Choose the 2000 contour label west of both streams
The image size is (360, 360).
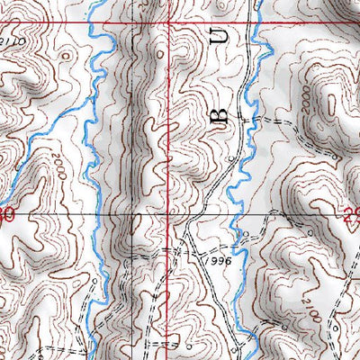pyautogui.click(x=56, y=168)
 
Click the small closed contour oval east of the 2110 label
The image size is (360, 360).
pyautogui.click(x=64, y=55)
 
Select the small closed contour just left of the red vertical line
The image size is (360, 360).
pyautogui.click(x=158, y=53)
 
